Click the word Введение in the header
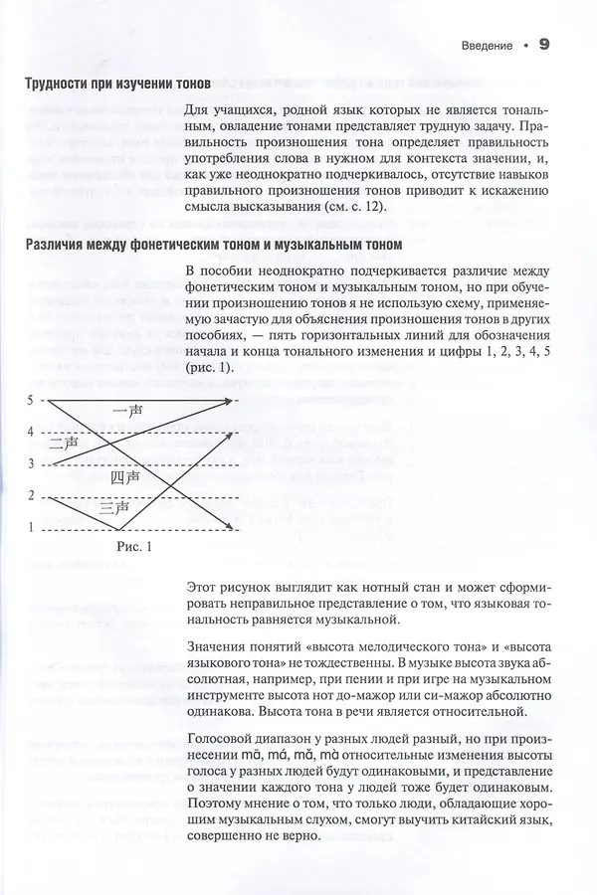tap(489, 46)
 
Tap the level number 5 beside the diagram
tap(31, 400)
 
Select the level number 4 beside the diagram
tap(31, 432)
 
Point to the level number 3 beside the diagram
tap(31, 463)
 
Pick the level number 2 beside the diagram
tap(31, 495)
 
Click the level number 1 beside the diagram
tap(31, 527)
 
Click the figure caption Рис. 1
tap(132, 546)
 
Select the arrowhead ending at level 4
tap(234, 433)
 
